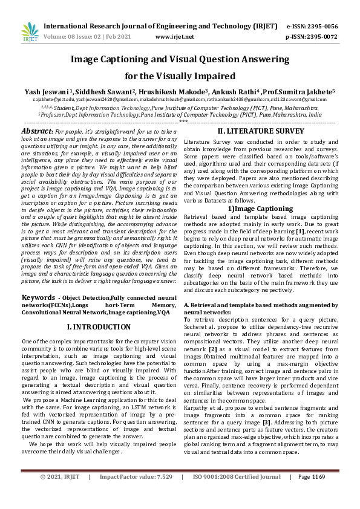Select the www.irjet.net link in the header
coord(174,36)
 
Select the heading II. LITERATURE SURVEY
coord(260,131)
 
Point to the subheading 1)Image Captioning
coord(260,209)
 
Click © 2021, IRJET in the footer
coord(60,493)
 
